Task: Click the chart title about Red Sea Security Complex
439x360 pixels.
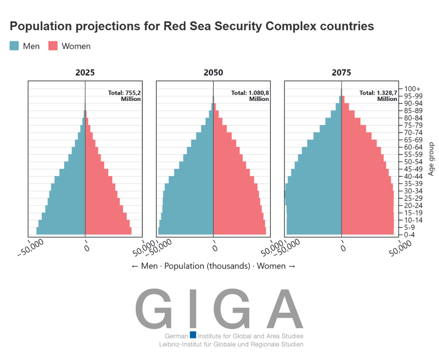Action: click(x=191, y=26)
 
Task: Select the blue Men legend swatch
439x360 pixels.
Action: click(x=14, y=46)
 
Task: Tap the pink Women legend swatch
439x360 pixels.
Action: click(x=53, y=46)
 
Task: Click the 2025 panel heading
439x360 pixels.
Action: click(x=85, y=73)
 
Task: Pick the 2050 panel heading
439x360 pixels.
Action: click(x=213, y=73)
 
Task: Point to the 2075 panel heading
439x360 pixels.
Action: click(x=341, y=73)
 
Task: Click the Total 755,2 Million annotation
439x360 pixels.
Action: click(x=124, y=96)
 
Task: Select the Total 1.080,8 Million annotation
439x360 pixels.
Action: click(x=250, y=96)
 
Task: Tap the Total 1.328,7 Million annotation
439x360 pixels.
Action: click(x=378, y=96)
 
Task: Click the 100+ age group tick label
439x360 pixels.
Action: click(x=413, y=89)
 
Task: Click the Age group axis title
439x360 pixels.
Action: click(x=431, y=159)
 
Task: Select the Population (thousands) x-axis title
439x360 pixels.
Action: click(x=213, y=266)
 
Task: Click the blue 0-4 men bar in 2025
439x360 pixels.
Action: click(x=61, y=231)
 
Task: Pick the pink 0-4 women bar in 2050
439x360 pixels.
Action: click(x=239, y=231)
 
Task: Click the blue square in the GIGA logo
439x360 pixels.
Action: click(x=193, y=335)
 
